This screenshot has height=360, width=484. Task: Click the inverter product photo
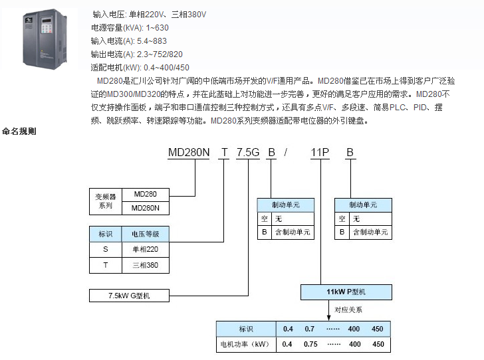click(x=45, y=39)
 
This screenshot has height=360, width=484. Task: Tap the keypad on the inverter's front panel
click(x=47, y=29)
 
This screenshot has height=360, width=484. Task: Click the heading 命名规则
click(x=19, y=131)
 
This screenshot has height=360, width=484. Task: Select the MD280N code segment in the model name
click(x=189, y=152)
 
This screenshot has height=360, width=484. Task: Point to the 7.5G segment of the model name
click(x=248, y=152)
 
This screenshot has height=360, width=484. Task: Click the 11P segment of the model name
click(x=320, y=152)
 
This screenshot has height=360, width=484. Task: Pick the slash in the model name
click(x=286, y=152)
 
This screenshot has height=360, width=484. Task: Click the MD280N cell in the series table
click(x=146, y=208)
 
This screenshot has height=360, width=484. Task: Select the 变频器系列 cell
click(x=106, y=201)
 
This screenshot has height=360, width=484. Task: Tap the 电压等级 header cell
click(x=146, y=234)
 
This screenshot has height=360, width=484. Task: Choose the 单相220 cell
click(x=146, y=249)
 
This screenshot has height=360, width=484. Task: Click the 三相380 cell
click(x=146, y=265)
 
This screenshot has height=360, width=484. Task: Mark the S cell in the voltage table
click(x=106, y=249)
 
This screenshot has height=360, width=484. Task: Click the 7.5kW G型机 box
click(x=129, y=296)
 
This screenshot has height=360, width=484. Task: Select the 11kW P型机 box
click(x=346, y=292)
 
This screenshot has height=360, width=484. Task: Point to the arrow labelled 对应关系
click(x=328, y=310)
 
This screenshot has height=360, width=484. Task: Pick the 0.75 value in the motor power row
click(x=310, y=344)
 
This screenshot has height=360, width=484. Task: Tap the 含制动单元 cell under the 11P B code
click(x=370, y=232)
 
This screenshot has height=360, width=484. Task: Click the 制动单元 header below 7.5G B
click(x=286, y=205)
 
